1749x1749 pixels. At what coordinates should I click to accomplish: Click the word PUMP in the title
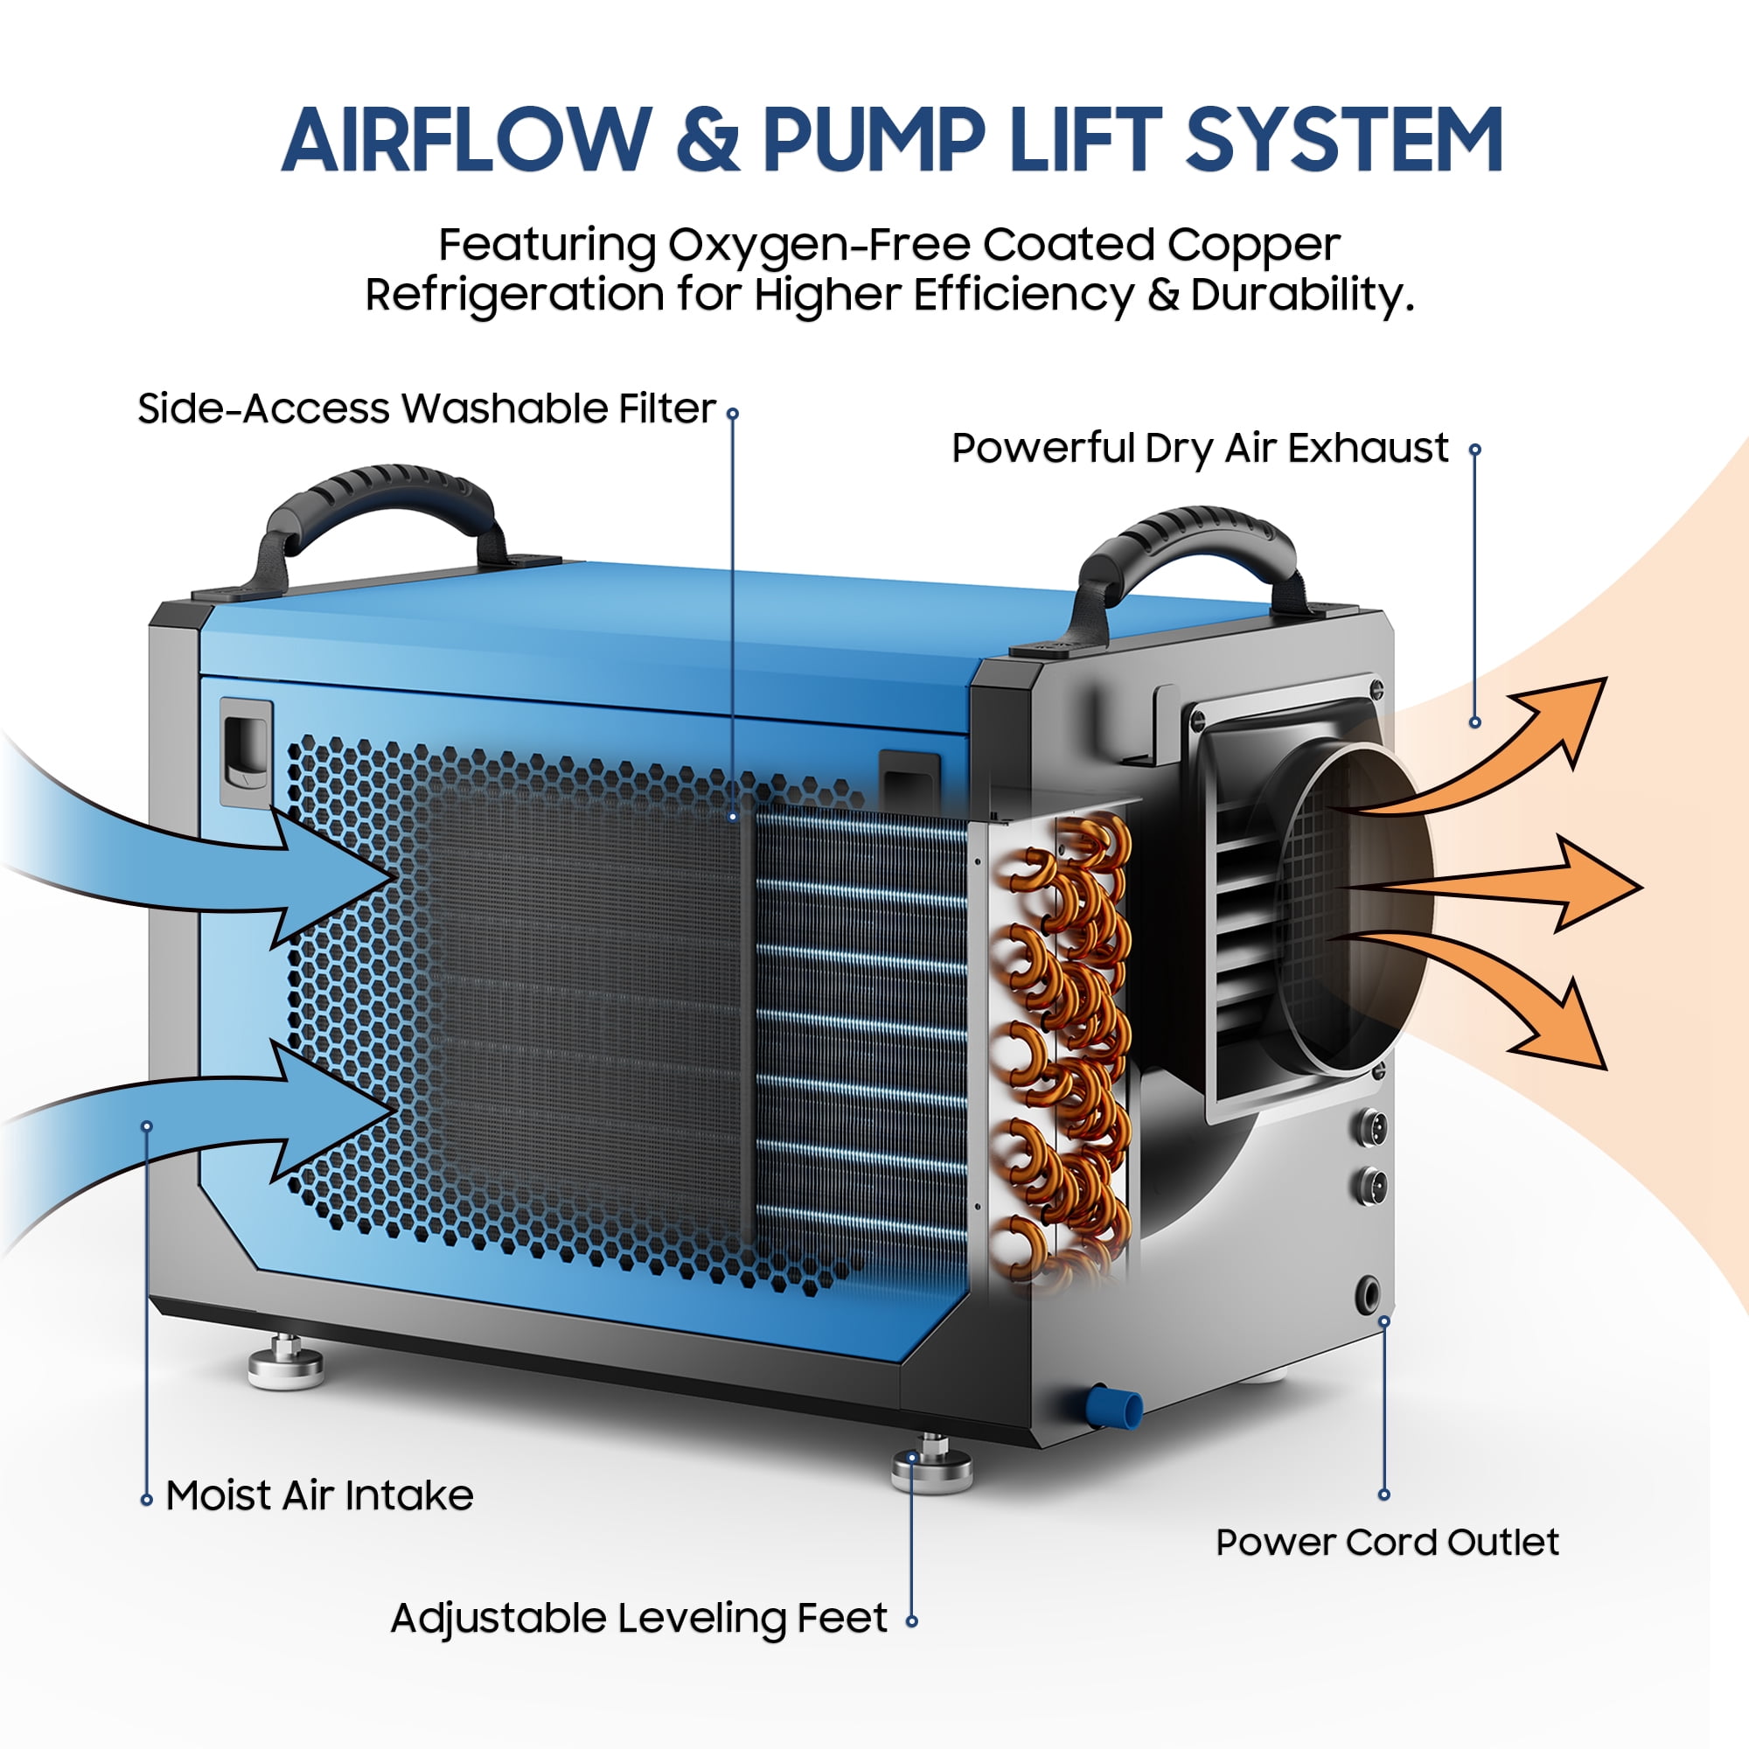coord(874,140)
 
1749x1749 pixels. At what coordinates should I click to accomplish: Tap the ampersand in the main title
coord(707,140)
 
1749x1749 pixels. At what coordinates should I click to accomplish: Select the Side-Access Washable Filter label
coord(427,409)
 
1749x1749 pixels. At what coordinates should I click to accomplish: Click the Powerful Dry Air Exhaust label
coord(1200,448)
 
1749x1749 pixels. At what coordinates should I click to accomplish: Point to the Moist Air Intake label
coord(319,1495)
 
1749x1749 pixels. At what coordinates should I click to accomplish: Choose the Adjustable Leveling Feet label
coord(639,1619)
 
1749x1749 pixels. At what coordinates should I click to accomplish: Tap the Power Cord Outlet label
coord(1387,1542)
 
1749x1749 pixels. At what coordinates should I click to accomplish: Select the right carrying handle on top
coord(1189,557)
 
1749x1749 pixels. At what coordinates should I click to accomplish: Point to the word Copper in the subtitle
coord(1253,245)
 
